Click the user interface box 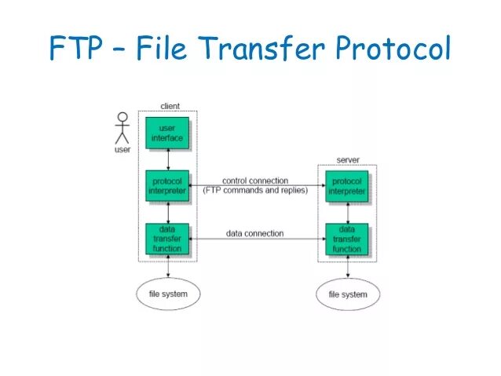click(167, 133)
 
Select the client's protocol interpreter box click(167, 185)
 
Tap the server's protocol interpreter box click(347, 185)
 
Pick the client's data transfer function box click(167, 239)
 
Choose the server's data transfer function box click(347, 239)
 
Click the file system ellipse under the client click(168, 294)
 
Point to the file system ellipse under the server click(347, 295)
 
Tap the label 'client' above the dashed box click(170, 106)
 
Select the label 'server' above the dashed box click(348, 159)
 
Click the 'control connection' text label click(255, 181)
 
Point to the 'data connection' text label click(255, 233)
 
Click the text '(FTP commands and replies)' click(255, 190)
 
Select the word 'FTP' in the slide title click(75, 49)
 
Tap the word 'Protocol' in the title click(393, 49)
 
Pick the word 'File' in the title click(167, 49)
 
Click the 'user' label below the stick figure click(123, 149)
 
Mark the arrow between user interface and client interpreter click(167, 159)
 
